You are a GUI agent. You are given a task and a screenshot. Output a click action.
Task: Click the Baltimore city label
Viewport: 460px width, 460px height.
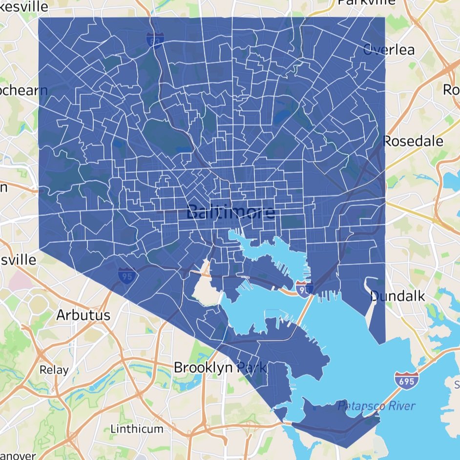click(x=230, y=212)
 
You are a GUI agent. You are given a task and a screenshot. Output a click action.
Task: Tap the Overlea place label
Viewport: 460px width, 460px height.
click(x=389, y=50)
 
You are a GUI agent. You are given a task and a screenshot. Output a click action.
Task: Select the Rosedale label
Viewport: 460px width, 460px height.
click(x=413, y=142)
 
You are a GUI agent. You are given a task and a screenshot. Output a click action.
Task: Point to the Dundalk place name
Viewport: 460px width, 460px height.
click(x=397, y=296)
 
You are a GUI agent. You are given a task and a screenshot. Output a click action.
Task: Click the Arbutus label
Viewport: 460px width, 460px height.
click(x=83, y=315)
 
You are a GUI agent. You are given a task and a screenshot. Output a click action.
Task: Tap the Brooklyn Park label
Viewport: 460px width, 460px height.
click(x=220, y=367)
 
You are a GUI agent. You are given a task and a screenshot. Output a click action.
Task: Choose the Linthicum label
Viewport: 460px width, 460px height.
click(x=137, y=429)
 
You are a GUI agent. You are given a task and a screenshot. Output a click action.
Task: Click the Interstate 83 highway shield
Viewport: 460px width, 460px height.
click(x=153, y=40)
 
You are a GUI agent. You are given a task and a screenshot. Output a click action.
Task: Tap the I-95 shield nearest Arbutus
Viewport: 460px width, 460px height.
click(x=125, y=276)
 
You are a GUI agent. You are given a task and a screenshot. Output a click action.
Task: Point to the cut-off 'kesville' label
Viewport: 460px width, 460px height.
click(x=24, y=7)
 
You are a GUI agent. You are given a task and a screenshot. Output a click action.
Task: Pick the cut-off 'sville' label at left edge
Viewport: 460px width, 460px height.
click(x=18, y=260)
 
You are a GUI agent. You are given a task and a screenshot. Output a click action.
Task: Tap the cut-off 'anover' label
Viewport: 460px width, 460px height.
click(x=18, y=456)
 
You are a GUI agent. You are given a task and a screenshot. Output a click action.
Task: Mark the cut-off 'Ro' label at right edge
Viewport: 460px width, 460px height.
click(x=451, y=90)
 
